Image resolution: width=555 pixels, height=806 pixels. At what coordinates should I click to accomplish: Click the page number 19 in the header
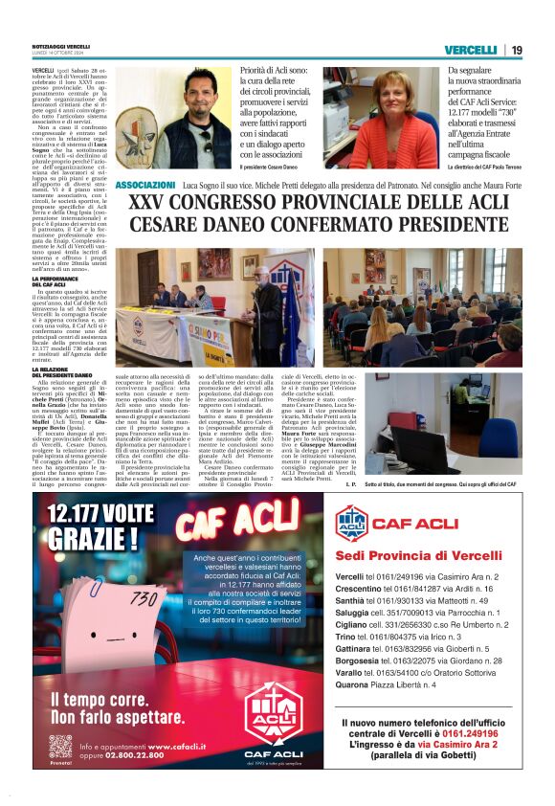516,50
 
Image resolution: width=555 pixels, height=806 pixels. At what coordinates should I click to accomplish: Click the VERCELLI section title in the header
470,50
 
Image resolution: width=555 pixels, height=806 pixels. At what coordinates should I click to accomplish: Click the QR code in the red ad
60,746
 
